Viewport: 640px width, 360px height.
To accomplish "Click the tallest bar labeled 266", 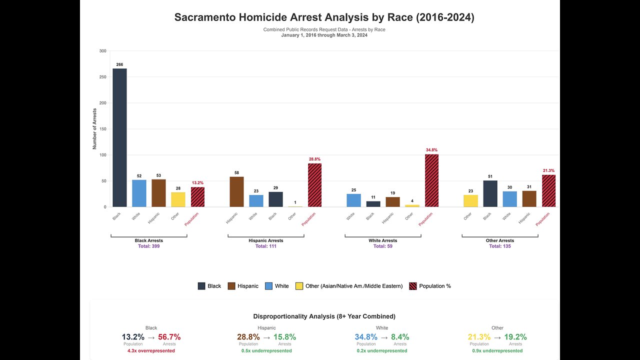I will (119, 137).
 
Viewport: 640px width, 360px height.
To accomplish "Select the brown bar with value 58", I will (236, 192).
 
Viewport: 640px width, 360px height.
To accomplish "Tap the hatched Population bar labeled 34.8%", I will (431, 180).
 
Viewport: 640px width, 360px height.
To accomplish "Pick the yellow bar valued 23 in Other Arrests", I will (470, 200).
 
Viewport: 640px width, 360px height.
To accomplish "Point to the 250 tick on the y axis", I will (102, 77).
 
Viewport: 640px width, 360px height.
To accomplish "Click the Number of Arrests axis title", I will (94, 128).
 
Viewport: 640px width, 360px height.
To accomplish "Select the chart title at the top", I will (324, 17).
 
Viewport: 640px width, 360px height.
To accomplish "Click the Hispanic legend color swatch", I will (231, 286).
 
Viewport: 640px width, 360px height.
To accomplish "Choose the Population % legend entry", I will (430, 286).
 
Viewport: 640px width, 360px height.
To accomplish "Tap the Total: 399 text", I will (148, 246).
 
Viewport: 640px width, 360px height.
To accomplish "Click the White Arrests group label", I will (382, 240).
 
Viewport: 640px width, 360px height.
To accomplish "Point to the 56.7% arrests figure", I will (169, 337).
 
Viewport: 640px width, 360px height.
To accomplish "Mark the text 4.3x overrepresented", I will (151, 350).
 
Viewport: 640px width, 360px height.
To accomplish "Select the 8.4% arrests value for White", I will (399, 337).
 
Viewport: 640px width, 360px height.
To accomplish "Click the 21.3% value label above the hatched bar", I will (548, 170).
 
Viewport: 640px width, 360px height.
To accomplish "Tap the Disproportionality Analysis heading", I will (324, 316).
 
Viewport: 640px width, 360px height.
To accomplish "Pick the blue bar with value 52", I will (139, 193).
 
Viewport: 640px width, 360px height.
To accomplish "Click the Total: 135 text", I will (499, 246).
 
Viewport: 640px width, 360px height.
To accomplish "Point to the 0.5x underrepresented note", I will (266, 350).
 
